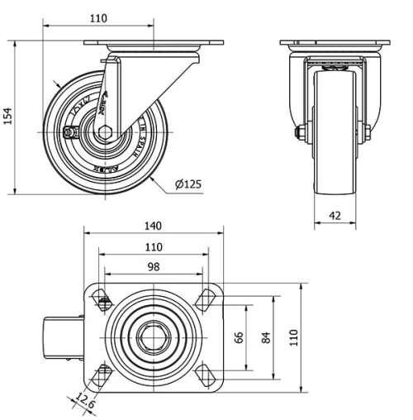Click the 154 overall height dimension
tap(9, 116)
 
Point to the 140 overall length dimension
tap(154, 226)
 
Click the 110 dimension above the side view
tap(98, 17)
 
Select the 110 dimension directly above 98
tap(154, 246)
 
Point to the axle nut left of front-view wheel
tap(298, 131)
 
